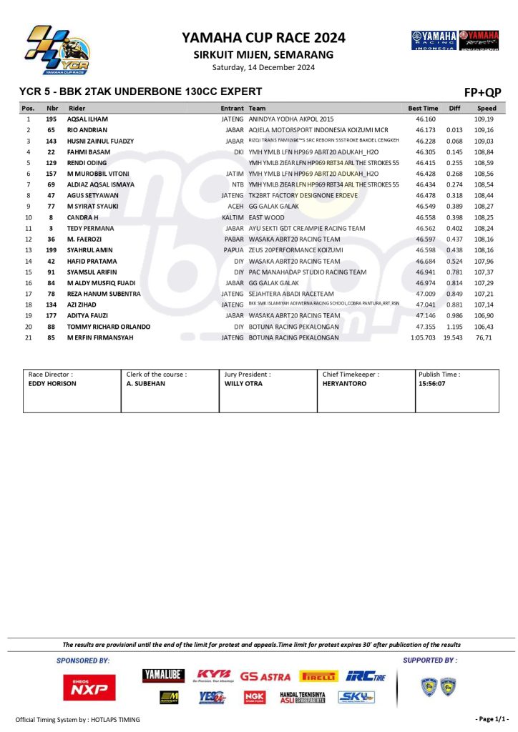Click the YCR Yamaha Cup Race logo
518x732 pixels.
pos(57,51)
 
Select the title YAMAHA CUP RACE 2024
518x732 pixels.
pos(263,38)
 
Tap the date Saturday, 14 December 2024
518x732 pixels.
pos(263,68)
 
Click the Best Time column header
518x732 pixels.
pos(423,108)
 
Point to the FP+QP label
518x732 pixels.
pos(483,92)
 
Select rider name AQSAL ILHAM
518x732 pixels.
pos(87,119)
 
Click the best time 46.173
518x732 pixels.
pos(426,130)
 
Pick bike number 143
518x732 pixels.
pos(52,142)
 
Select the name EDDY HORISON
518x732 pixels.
pos(52,384)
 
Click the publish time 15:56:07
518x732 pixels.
pos(433,384)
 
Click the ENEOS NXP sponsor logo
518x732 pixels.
pos(84,687)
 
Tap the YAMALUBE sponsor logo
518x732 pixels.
pos(163,676)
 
